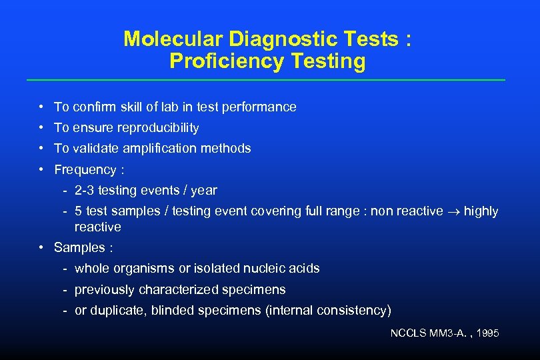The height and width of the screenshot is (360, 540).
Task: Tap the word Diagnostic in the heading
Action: pos(269,39)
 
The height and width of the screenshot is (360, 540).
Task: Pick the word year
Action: pos(204,190)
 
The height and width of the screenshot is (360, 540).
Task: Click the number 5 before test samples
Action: pos(79,211)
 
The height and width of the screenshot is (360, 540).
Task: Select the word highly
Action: pos(481,211)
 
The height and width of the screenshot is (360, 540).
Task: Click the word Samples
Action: pos(79,247)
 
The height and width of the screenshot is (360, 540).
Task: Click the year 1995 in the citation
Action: pos(487,333)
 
